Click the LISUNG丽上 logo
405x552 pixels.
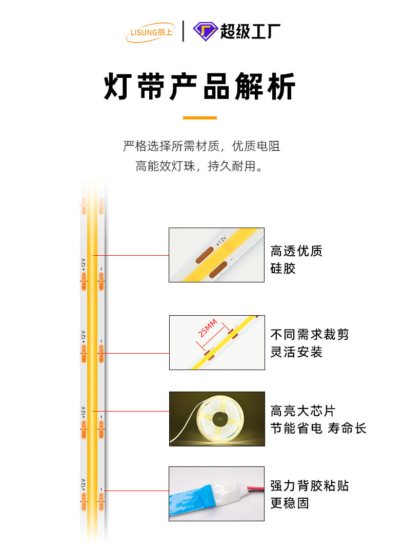[150, 32]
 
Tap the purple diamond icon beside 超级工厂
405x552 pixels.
[205, 31]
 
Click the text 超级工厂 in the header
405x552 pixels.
[250, 31]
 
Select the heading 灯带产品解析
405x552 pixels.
[200, 87]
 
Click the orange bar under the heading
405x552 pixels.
[200, 118]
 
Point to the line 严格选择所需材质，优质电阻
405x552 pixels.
[201, 146]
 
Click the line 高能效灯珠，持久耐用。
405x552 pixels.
[200, 167]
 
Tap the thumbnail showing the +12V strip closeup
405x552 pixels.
[217, 255]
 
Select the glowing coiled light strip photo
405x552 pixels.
[217, 419]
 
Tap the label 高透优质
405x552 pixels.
[296, 251]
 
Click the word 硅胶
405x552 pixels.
[283, 269]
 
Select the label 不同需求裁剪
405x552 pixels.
[310, 335]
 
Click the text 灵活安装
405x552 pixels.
[296, 352]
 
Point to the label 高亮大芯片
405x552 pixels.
[302, 411]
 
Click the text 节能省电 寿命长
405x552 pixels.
[318, 428]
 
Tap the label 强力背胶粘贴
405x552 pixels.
[310, 485]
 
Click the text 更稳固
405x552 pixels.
[290, 503]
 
